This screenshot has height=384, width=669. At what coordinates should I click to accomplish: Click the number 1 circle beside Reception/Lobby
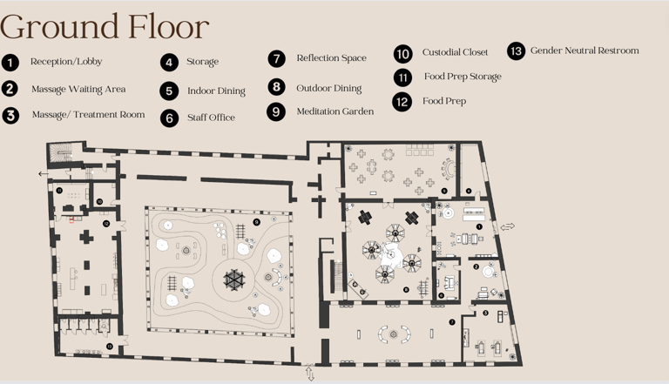coord(10,63)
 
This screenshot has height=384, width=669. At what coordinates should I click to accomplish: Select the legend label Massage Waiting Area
coord(78,89)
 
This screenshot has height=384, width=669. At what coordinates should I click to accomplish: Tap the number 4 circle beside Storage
coord(169,63)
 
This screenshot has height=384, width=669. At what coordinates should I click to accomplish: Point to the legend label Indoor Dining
coord(216,91)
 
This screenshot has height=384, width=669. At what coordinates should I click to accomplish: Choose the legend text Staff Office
coord(211,118)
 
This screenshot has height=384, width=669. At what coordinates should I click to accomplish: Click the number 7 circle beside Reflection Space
coord(277,58)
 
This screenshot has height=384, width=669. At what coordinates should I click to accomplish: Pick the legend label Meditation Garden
coord(335,111)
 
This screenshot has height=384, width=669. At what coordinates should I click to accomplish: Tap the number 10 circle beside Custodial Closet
coord(403,54)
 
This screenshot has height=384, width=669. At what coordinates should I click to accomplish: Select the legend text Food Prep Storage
coord(463,77)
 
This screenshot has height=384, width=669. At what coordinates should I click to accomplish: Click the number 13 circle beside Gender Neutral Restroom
coord(517,51)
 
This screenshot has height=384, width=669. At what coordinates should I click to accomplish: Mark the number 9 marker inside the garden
coord(256,222)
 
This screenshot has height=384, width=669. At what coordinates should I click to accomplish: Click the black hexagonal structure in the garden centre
coord(234,280)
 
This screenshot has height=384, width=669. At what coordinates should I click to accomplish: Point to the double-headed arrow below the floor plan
coord(310,374)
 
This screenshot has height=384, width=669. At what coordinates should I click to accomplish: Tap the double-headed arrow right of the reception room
coord(507,226)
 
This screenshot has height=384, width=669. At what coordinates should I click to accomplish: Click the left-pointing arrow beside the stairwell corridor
coord(43,173)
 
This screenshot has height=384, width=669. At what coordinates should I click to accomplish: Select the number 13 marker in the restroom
coord(110,347)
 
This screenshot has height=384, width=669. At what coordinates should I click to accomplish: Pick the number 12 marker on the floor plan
coord(106,223)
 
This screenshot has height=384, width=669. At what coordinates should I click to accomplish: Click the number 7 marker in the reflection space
coord(452,322)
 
